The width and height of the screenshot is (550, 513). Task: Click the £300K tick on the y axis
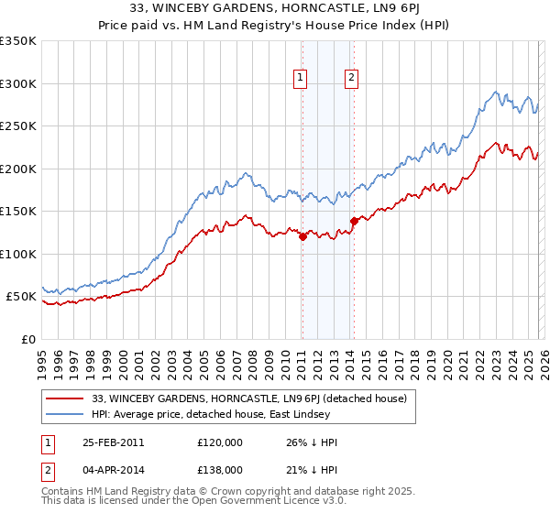18,83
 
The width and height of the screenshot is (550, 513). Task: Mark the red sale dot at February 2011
302,237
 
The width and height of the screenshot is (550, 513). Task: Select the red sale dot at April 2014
353,221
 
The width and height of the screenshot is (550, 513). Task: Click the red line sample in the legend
66,398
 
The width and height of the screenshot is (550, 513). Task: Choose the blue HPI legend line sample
66,415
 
